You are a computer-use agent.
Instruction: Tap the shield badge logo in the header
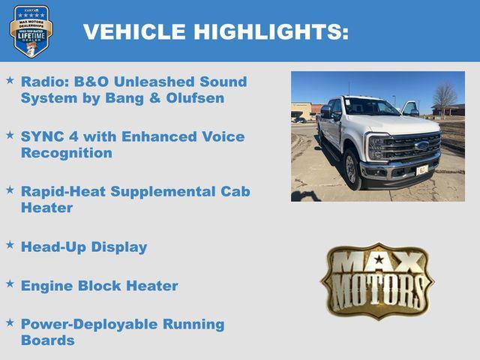coord(31,31)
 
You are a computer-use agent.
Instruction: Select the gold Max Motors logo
coord(377,280)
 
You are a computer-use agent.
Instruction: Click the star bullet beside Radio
coord(10,79)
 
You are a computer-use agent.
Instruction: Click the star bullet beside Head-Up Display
coord(10,244)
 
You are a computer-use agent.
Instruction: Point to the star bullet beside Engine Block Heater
coord(10,283)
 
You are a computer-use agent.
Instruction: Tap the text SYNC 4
coord(49,136)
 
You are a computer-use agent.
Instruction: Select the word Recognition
coord(67,153)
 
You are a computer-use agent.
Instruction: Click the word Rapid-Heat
coord(63,191)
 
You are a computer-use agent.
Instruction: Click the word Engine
coord(47,286)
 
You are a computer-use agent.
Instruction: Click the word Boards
coord(48,340)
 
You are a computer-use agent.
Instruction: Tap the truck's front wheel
coord(352,169)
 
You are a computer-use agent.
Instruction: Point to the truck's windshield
coord(371,107)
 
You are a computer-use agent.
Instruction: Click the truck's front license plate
coord(422,170)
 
